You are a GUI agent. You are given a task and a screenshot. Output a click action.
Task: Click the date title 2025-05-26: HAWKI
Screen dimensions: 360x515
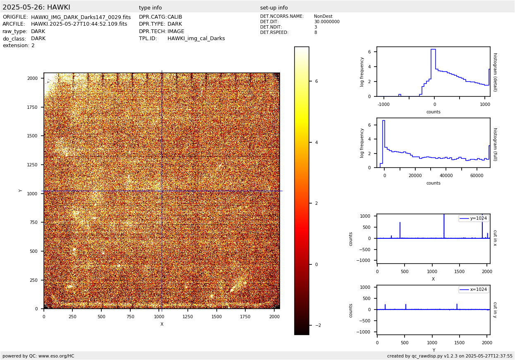tap(36, 7)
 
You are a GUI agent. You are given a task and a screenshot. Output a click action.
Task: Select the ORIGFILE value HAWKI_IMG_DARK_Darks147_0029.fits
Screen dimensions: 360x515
tap(81, 17)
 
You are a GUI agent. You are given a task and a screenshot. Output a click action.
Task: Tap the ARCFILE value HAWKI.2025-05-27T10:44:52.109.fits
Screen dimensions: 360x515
tap(79, 24)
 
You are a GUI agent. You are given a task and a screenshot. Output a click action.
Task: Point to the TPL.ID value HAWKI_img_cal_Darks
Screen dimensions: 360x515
tap(196, 38)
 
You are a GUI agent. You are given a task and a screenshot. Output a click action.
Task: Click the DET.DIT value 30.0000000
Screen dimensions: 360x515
tap(327, 22)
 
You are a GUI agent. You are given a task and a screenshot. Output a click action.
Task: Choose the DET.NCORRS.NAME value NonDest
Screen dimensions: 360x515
tap(323, 17)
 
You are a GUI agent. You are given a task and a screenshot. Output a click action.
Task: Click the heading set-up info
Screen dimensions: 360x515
tap(274, 8)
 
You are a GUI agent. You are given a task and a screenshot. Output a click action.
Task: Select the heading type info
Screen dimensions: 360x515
tap(150, 8)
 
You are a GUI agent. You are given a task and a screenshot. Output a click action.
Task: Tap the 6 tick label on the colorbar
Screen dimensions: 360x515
tap(316, 82)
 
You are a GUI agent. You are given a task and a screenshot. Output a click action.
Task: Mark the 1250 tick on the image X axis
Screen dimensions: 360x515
tap(187, 317)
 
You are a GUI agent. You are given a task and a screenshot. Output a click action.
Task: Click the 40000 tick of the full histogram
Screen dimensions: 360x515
tap(446, 175)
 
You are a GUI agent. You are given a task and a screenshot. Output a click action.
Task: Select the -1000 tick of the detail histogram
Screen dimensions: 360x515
tap(383, 104)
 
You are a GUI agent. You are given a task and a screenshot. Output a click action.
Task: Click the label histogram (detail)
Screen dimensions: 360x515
tap(495, 72)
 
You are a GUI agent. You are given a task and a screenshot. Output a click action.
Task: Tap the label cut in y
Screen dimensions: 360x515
tap(495, 310)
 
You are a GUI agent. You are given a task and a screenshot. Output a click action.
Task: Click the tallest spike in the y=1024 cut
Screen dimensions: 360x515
tap(444, 215)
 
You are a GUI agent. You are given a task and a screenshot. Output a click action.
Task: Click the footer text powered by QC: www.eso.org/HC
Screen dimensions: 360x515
tap(38, 356)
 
